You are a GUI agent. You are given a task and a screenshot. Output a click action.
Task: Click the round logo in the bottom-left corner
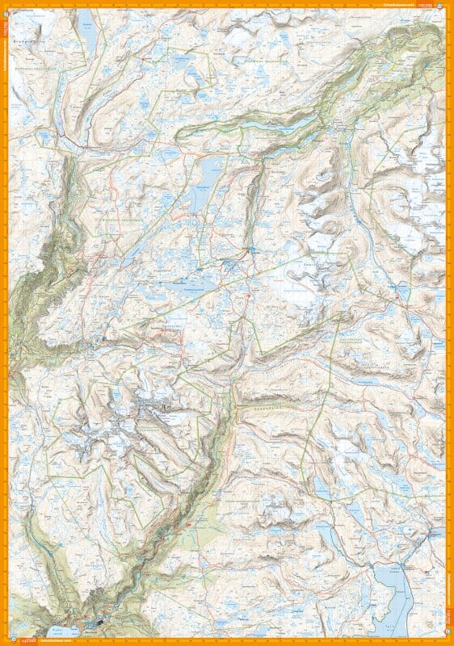tap(8, 639)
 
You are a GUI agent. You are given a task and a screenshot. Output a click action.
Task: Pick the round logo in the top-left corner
tap(8, 6)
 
